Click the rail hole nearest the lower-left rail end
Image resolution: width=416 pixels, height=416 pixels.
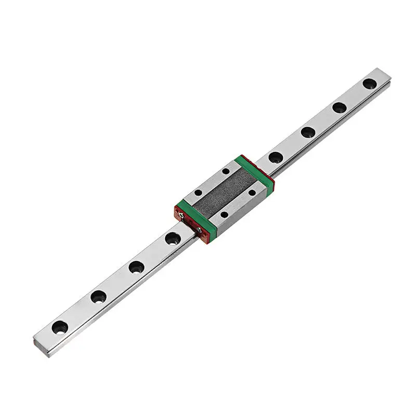(x=59, y=327)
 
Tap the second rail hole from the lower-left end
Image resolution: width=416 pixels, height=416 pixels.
(x=98, y=297)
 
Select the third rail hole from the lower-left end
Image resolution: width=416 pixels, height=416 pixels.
(x=136, y=267)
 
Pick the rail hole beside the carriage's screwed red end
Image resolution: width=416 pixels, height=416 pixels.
(x=173, y=239)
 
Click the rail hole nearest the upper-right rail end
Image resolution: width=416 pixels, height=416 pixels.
(x=369, y=83)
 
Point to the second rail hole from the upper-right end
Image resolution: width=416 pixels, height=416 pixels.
(x=339, y=108)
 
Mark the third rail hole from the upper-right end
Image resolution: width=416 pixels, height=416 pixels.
(x=308, y=132)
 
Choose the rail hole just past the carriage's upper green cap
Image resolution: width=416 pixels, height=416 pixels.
(x=276, y=157)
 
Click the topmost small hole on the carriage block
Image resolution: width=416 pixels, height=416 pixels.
(x=226, y=171)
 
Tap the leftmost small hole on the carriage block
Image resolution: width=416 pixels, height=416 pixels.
(x=198, y=192)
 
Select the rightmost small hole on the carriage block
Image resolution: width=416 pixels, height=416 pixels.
(x=252, y=192)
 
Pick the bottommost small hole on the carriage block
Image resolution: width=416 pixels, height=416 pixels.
(x=224, y=214)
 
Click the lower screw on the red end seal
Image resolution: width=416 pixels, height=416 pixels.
(x=199, y=230)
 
